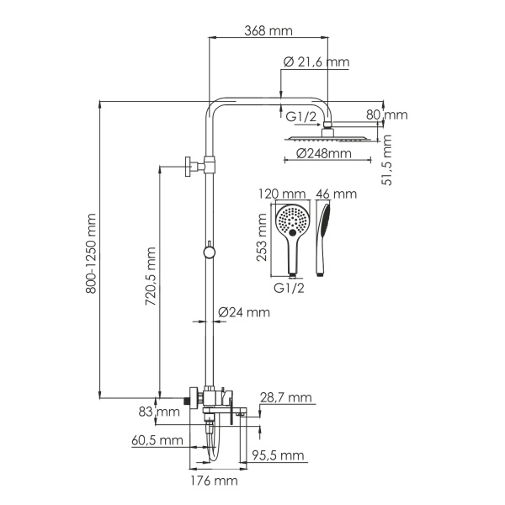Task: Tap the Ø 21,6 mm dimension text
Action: pyautogui.click(x=316, y=62)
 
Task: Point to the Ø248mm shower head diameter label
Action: pyautogui.click(x=324, y=153)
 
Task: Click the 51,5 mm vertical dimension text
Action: pyautogui.click(x=387, y=161)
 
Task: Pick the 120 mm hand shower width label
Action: pyautogui.click(x=282, y=194)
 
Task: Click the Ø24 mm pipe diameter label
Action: pyautogui.click(x=244, y=312)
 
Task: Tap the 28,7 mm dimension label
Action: pyautogui.click(x=285, y=396)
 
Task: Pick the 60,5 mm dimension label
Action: pyautogui.click(x=157, y=440)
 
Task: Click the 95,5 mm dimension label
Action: pyautogui.click(x=278, y=455)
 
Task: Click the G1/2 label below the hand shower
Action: pyautogui.click(x=289, y=287)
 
